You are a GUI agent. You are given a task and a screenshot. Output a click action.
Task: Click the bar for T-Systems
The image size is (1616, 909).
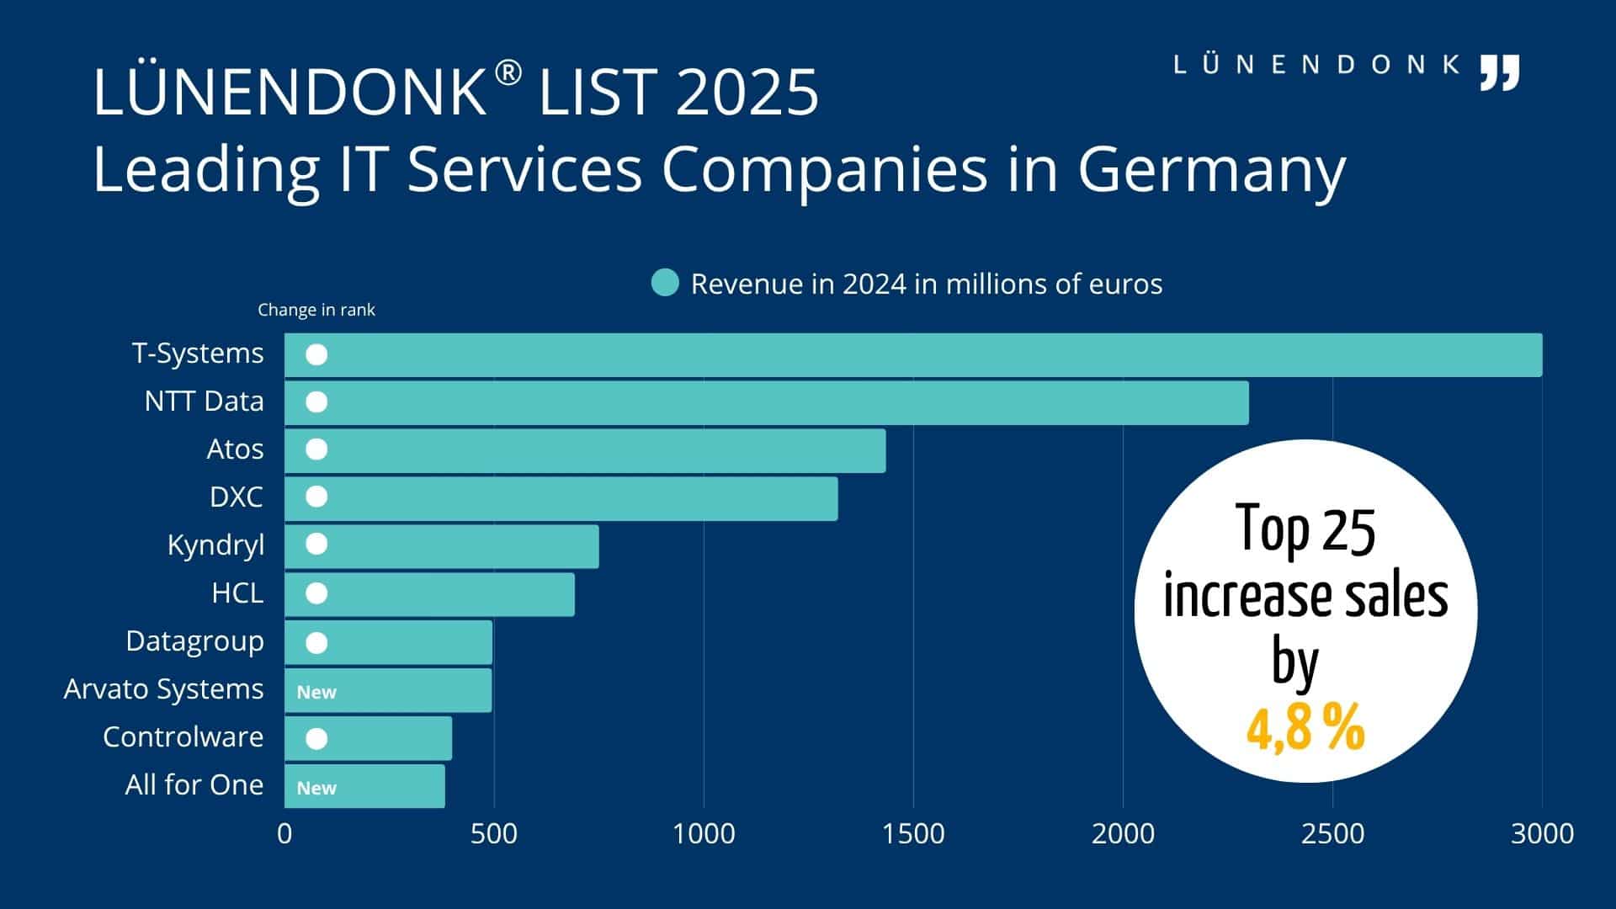pyautogui.click(x=913, y=354)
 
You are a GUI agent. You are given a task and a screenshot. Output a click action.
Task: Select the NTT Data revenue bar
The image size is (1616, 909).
pyautogui.click(x=766, y=402)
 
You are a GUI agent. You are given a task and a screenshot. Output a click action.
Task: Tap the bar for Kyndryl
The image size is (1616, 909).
pyautogui.click(x=442, y=546)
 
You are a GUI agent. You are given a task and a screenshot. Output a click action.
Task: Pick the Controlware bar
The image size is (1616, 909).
pyautogui.click(x=369, y=738)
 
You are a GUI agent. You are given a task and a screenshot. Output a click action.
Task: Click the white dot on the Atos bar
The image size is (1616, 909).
pyautogui.click(x=316, y=449)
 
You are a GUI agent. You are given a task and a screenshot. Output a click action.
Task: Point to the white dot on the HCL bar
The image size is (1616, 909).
pyautogui.click(x=316, y=593)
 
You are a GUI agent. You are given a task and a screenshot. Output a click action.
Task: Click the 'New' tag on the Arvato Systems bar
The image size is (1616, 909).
pyautogui.click(x=316, y=692)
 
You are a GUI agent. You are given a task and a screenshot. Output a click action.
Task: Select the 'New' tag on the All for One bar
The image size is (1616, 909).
pyautogui.click(x=316, y=788)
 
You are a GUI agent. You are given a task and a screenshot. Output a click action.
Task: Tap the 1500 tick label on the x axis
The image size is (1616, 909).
pyautogui.click(x=913, y=833)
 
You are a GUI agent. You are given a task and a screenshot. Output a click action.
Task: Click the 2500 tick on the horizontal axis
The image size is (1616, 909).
pyautogui.click(x=1332, y=833)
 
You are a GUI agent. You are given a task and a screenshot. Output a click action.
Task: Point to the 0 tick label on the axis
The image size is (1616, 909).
pyautogui.click(x=284, y=833)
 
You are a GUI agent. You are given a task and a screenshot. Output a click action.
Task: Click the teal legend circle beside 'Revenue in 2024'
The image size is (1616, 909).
pyautogui.click(x=665, y=283)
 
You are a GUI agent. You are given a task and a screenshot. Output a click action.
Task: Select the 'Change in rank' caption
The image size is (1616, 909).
pyautogui.click(x=316, y=310)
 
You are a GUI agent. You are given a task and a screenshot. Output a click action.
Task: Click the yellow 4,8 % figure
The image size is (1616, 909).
pyautogui.click(x=1305, y=728)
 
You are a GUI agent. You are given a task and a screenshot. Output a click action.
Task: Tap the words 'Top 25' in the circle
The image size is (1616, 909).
pyautogui.click(x=1305, y=530)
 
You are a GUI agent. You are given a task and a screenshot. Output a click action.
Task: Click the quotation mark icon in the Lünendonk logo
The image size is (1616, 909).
pyautogui.click(x=1500, y=72)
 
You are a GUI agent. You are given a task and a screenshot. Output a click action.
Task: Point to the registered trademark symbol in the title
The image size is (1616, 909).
pyautogui.click(x=508, y=74)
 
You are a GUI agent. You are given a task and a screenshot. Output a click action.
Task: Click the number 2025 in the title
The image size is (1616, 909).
pyautogui.click(x=747, y=92)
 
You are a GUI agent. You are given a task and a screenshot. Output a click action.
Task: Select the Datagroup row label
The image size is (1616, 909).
pyautogui.click(x=194, y=641)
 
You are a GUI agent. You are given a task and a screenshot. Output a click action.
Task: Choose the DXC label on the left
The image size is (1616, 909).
pyautogui.click(x=236, y=497)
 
